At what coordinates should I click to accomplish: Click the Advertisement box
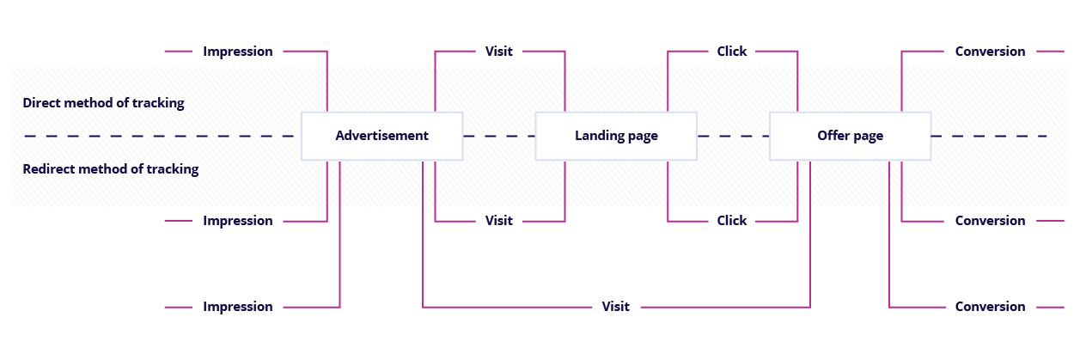click(381, 136)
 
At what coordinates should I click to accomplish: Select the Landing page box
click(616, 136)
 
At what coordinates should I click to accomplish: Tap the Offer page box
click(850, 136)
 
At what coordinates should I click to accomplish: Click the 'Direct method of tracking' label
click(103, 103)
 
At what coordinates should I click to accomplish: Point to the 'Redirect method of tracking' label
click(110, 169)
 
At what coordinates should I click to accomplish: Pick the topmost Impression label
click(237, 52)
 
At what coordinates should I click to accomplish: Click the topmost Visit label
click(498, 52)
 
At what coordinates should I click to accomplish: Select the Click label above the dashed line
click(732, 52)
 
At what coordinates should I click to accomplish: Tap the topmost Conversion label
click(990, 52)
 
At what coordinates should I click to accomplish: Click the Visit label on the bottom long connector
click(615, 307)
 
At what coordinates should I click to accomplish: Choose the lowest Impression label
click(237, 307)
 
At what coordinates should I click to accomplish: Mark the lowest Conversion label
click(990, 307)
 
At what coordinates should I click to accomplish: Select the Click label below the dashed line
click(732, 221)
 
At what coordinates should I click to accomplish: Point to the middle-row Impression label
click(237, 221)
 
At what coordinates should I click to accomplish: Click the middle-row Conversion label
click(990, 221)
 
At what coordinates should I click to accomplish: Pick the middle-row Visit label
click(498, 221)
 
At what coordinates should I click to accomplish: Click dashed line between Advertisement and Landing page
click(498, 136)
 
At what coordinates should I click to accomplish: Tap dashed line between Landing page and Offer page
click(733, 136)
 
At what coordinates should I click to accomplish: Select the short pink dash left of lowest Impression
click(179, 307)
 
